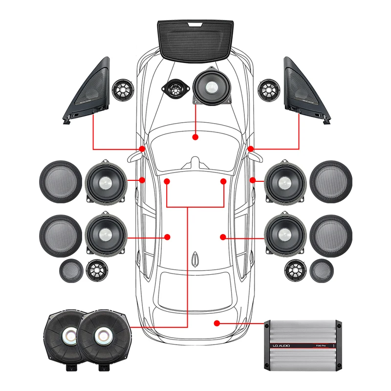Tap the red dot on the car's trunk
coord(217,323)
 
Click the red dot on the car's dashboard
coord(195,137)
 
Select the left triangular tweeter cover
coord(88,90)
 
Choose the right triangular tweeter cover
coord(305,90)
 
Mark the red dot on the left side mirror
coord(142,149)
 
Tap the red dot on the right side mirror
coord(251,149)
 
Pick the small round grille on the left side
coord(70,270)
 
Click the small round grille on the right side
coord(322,270)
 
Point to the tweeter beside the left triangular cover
coord(123,90)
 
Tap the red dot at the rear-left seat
coord(167,237)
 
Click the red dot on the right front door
coord(253,180)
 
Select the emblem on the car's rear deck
coord(195,258)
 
